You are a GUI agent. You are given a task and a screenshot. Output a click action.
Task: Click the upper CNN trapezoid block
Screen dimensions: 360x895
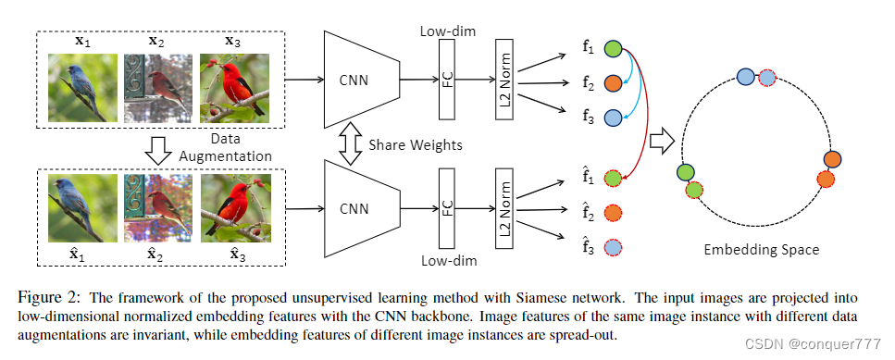point(356,80)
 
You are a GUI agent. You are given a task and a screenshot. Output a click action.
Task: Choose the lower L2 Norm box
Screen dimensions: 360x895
point(504,207)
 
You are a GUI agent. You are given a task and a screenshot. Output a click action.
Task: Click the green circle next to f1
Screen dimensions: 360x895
point(615,50)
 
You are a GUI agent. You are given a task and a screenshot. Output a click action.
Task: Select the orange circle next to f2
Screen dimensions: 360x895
point(615,83)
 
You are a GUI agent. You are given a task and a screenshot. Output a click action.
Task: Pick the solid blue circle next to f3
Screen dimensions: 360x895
point(615,117)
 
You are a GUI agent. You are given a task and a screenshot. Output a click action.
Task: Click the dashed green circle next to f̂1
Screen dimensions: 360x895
point(614,178)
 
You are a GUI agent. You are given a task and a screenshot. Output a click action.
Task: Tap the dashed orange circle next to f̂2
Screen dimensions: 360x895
point(614,212)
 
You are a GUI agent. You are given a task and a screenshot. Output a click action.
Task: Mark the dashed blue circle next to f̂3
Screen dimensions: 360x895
point(614,246)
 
